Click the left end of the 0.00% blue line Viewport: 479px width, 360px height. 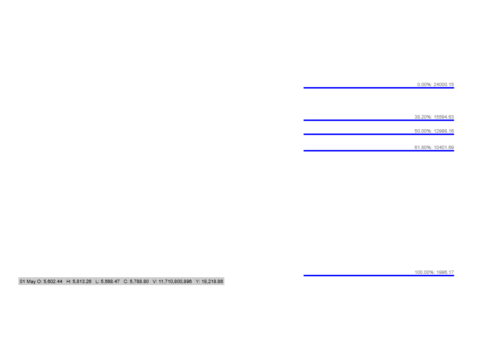(304, 88)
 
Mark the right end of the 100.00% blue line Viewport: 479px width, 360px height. (454, 275)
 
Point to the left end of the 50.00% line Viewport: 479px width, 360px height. (304, 134)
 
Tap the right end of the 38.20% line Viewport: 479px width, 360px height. (454, 120)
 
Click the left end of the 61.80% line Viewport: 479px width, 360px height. (304, 150)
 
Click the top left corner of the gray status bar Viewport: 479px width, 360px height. (18, 277)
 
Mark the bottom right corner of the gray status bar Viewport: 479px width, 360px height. (225, 285)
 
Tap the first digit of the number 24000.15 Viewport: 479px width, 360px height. (435, 85)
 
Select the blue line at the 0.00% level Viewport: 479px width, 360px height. (379, 88)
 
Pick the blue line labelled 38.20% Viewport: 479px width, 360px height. (379, 120)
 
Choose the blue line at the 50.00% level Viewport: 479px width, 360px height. (379, 134)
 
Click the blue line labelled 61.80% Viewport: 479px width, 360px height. (379, 150)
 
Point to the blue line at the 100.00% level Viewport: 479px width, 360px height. (379, 275)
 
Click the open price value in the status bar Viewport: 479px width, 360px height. (53, 282)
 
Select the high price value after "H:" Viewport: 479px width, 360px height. (82, 282)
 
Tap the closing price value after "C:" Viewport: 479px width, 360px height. (139, 282)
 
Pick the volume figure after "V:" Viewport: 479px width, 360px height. (175, 282)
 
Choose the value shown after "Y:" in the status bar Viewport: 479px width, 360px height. (212, 282)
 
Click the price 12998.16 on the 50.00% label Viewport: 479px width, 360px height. (444, 131)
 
